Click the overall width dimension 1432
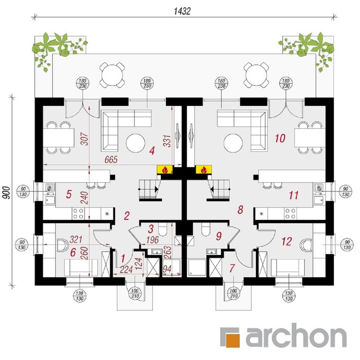coord(182,11)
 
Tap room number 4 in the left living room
coord(152,151)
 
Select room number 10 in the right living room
coord(280,138)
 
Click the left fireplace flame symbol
coord(165,170)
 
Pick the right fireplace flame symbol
coord(203,170)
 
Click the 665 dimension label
coord(111,159)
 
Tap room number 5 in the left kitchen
coord(68,195)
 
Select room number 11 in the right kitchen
coord(293,195)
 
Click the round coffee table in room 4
coord(135,143)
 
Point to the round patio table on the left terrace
coord(112,75)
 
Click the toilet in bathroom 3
coord(163,230)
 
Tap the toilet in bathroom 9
coord(205,230)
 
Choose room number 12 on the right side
coord(287,241)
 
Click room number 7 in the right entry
coord(232,268)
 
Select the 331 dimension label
coord(167,141)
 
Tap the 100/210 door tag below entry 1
coord(135,293)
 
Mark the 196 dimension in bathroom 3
coord(152,240)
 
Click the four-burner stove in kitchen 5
coord(78,214)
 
